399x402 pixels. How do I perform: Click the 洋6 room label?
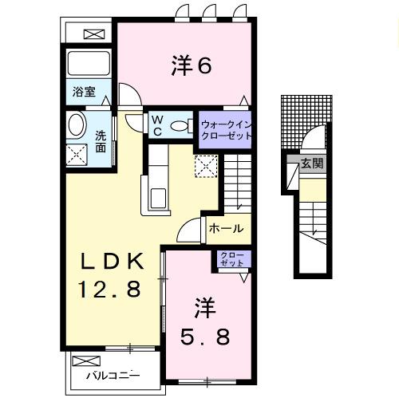pos(190,66)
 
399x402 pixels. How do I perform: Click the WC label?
pos(157,126)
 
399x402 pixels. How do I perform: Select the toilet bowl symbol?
pos(180,126)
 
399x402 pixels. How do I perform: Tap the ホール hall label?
pos(226,229)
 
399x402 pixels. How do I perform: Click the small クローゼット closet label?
pos(232,258)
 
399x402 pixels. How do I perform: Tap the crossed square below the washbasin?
pos(77,153)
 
